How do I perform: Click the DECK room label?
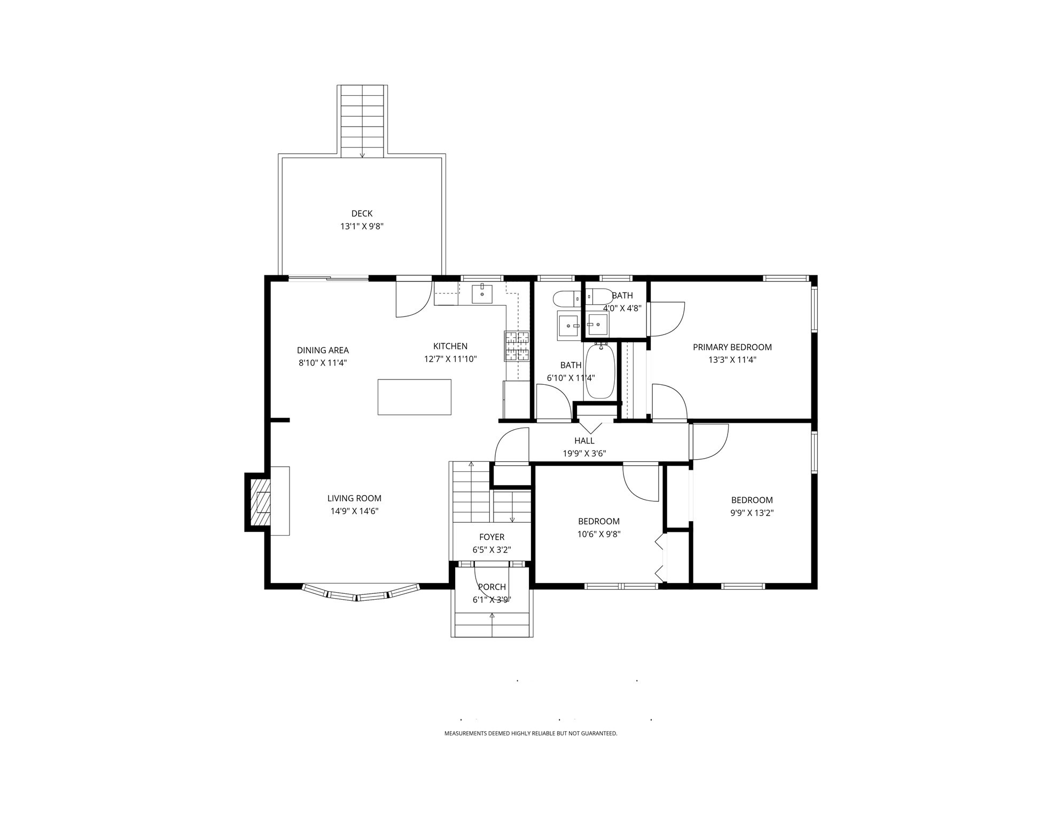coord(362,213)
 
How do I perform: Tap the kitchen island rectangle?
coord(414,397)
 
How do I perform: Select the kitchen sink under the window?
coord(482,294)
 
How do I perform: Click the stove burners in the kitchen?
coord(517,346)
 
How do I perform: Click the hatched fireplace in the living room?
coord(262,502)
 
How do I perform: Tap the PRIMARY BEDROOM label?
coord(732,347)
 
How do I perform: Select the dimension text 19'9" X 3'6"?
coord(584,454)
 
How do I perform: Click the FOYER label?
coord(491,537)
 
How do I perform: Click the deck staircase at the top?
coord(362,120)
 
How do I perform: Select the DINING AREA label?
coord(323,350)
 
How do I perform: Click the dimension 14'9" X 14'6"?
coord(354,511)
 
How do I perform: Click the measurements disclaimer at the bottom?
coord(530,733)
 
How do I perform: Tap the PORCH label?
coord(491,587)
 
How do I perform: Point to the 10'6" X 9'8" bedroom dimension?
coord(598,534)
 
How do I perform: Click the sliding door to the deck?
coord(329,278)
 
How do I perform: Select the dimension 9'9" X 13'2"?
coord(752,513)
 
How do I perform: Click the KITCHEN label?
coord(450,346)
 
